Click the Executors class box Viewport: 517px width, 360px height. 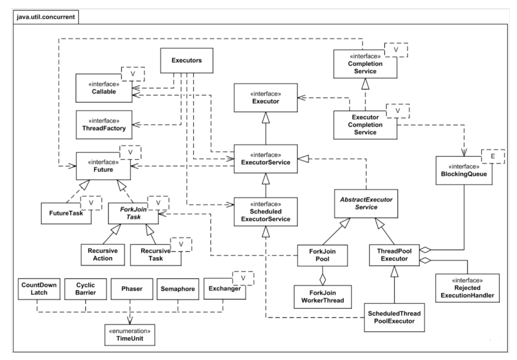pos(186,61)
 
